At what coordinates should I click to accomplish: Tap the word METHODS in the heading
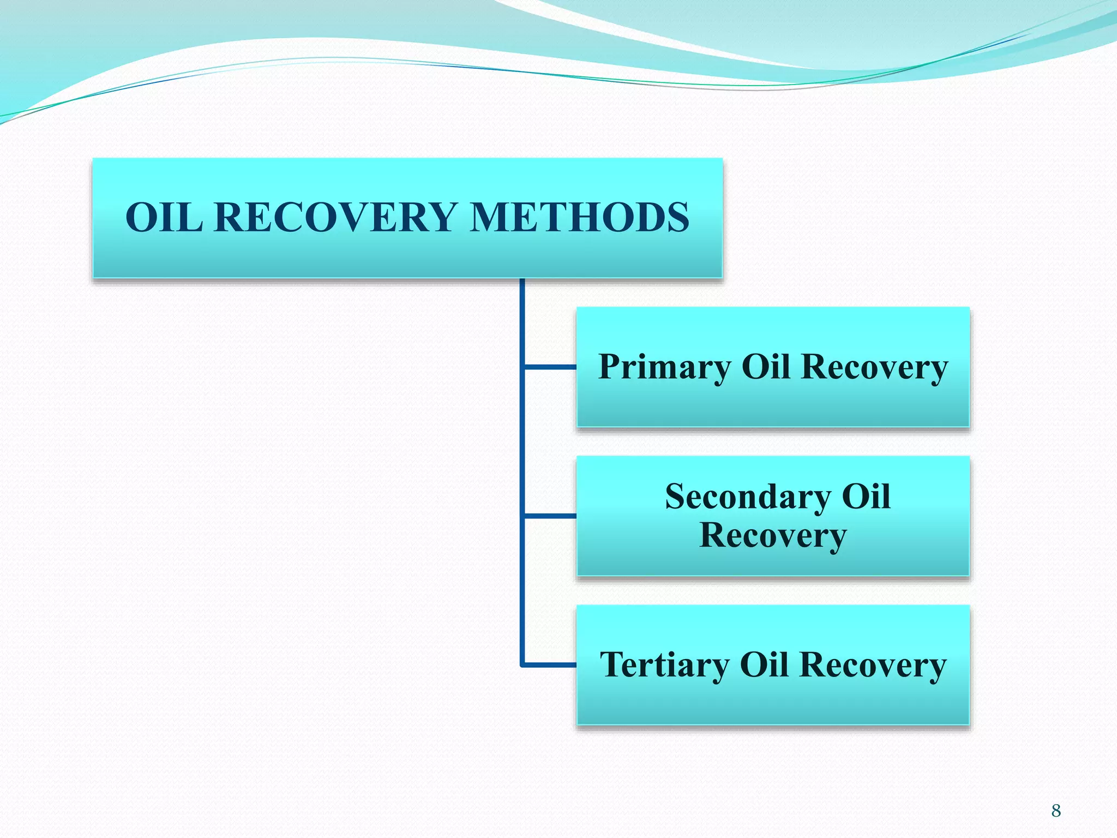(579, 217)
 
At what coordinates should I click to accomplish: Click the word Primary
(664, 367)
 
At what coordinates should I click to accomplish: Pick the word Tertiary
(664, 665)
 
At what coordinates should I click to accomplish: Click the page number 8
(1056, 811)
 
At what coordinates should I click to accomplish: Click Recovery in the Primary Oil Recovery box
(875, 367)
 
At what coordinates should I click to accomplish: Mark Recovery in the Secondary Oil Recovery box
(773, 535)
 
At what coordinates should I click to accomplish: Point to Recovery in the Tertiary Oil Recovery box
(873, 665)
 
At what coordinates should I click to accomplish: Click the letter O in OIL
(142, 217)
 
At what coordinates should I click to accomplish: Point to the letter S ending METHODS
(677, 217)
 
